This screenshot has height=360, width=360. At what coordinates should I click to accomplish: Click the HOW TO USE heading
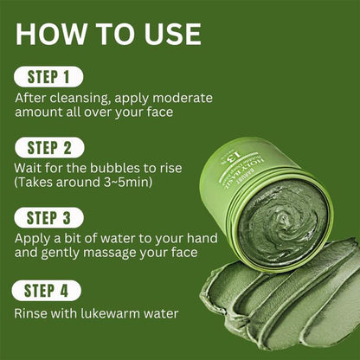tap(108, 34)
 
